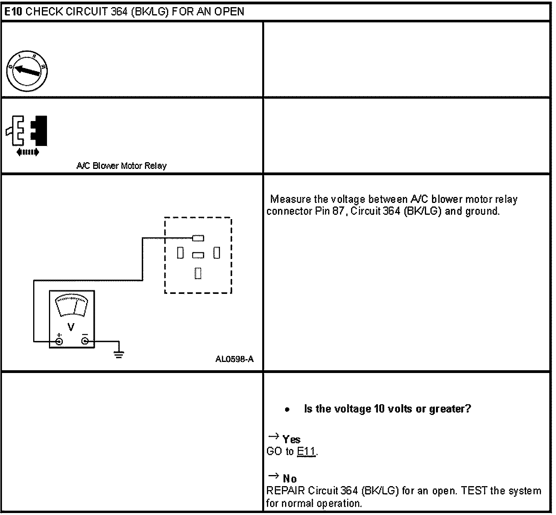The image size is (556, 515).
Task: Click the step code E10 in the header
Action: coord(13,11)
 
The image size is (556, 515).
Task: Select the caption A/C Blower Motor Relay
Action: coord(121,166)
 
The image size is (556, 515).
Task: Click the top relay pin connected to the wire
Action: coord(198,238)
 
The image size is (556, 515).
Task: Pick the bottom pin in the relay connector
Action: coord(198,273)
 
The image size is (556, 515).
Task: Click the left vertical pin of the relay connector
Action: coord(180,253)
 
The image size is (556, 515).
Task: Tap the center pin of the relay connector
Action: coord(198,256)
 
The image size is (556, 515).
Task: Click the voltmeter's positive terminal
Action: coord(59,341)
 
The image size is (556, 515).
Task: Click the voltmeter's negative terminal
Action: coord(85,341)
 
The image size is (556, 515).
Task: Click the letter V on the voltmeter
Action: coord(71,327)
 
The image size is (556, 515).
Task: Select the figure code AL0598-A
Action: coord(235,359)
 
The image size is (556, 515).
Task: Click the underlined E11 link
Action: coord(306,451)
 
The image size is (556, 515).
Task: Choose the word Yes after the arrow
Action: coord(291,439)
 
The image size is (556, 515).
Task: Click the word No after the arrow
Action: coord(290,479)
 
